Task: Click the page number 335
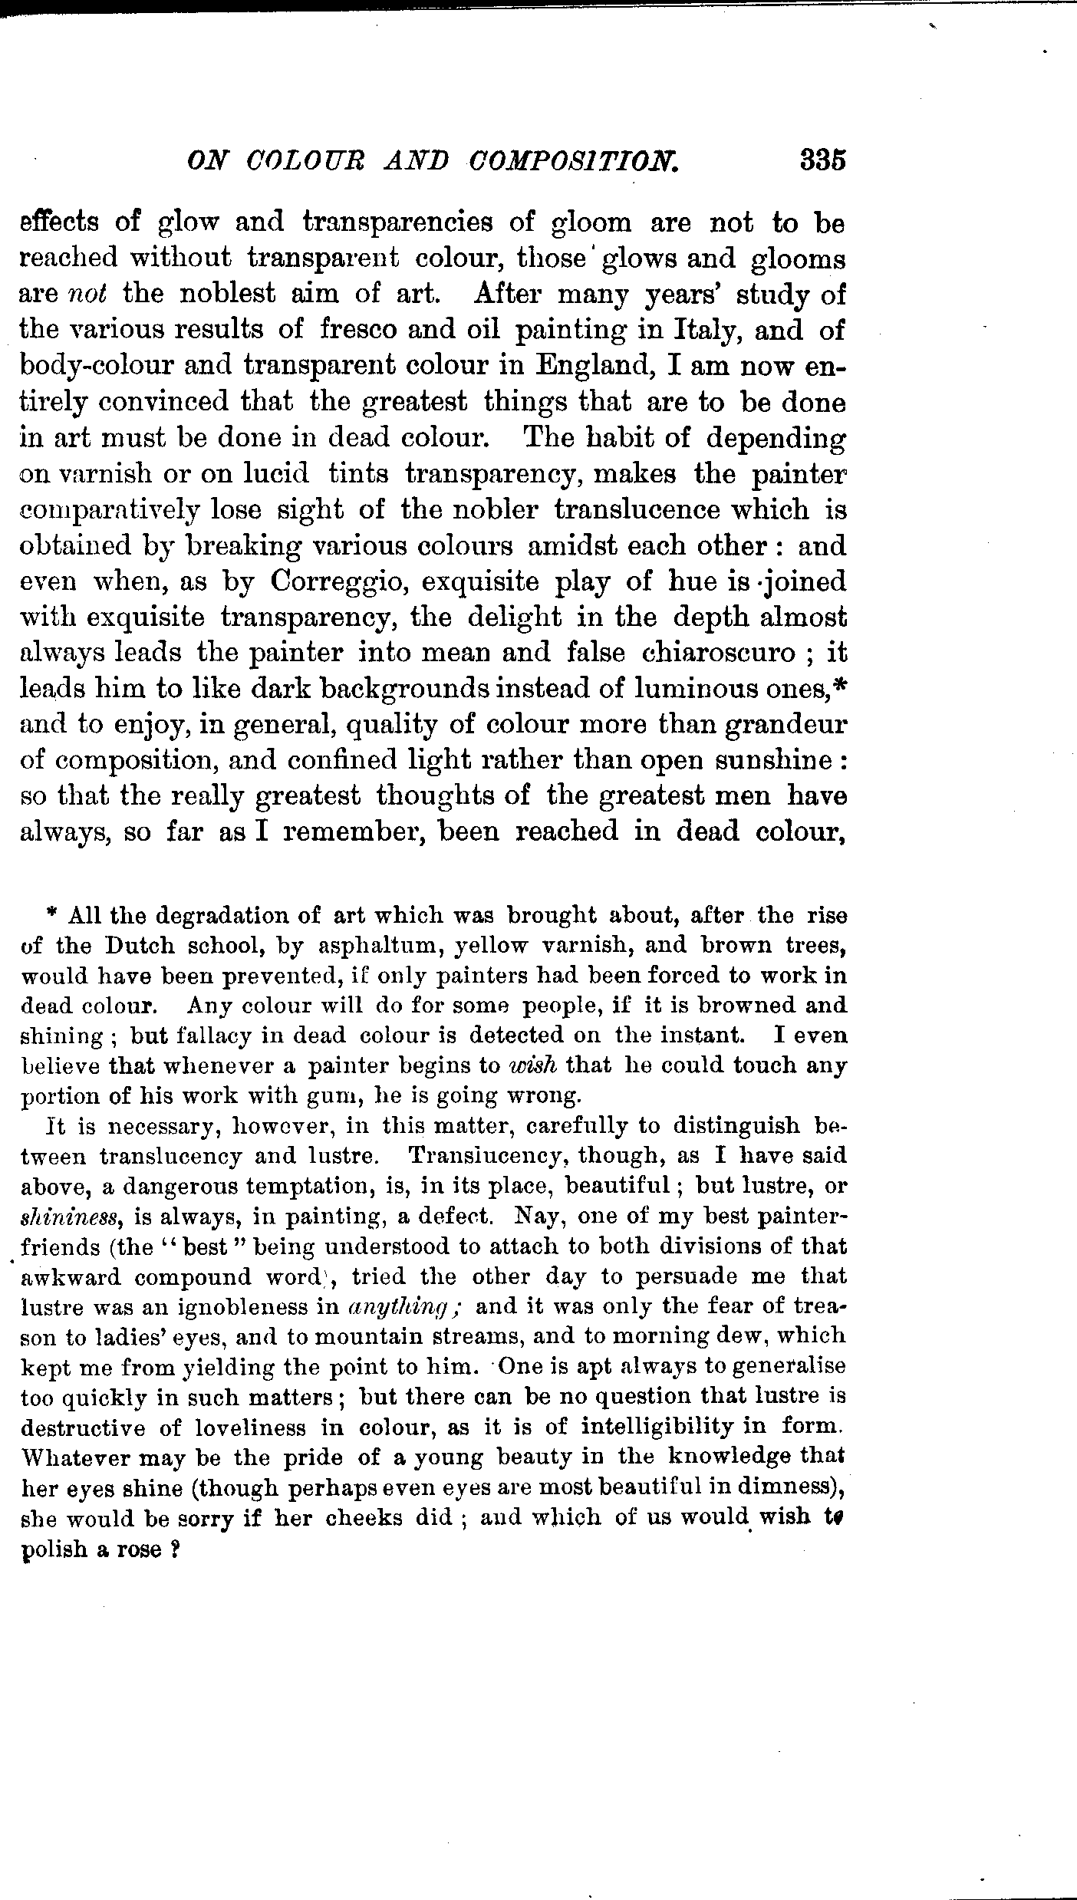point(822,162)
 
